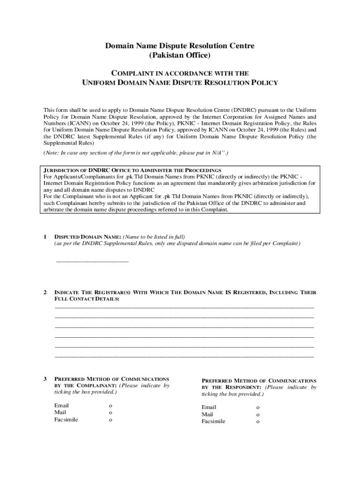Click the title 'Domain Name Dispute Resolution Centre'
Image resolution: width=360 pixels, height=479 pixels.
click(180, 46)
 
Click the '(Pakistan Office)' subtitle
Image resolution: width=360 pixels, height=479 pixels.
click(180, 56)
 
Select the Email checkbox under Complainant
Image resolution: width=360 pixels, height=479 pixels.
click(111, 406)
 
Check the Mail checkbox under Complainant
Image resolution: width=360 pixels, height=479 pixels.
click(111, 413)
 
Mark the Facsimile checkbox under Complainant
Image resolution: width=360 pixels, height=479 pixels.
click(111, 420)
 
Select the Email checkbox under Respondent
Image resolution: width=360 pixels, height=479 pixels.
click(258, 407)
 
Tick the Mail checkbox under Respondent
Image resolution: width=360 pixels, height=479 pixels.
click(258, 414)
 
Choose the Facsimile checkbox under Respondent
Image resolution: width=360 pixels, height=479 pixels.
click(258, 421)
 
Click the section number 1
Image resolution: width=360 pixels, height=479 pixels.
click(44, 237)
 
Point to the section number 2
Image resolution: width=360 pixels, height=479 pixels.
click(44, 292)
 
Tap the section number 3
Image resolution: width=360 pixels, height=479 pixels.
click(44, 378)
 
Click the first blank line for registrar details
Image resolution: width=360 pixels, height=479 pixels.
click(184, 307)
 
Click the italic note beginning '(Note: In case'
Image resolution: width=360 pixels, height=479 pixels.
click(136, 153)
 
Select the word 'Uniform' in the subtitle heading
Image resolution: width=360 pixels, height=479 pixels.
click(99, 83)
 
